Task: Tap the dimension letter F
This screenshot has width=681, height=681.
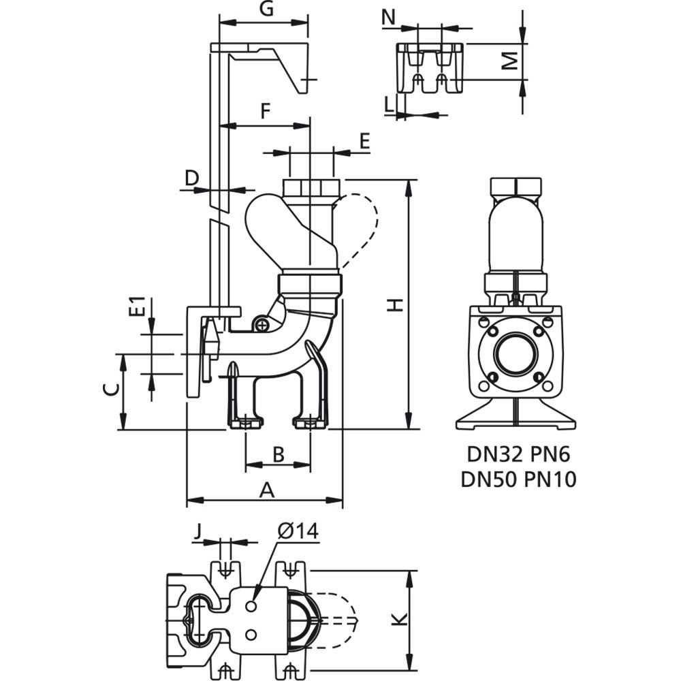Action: coord(266,111)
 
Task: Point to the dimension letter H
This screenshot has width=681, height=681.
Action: coord(396,305)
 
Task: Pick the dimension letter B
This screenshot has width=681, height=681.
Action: coord(278,454)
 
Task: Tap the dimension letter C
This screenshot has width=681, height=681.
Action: coord(111,390)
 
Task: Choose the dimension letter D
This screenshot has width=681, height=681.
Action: coord(192,178)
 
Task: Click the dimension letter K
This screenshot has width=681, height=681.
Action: coord(400,619)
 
